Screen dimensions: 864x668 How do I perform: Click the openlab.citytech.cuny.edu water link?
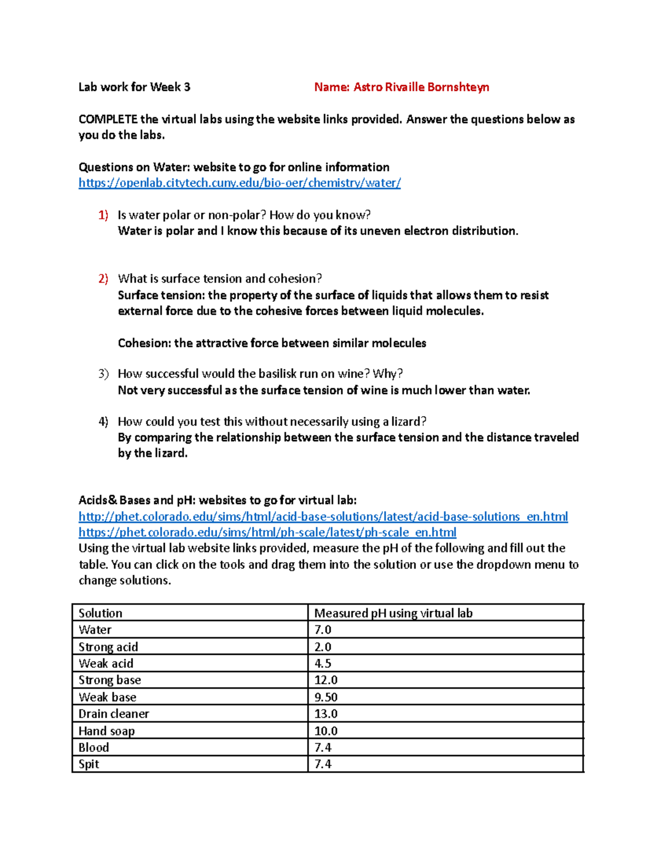(239, 183)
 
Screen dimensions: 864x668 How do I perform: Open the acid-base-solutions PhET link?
(323, 517)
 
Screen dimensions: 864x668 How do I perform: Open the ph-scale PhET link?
(267, 532)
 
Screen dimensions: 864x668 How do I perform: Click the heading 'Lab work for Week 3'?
(134, 87)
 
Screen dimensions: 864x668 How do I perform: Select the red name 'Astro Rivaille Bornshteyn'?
(421, 87)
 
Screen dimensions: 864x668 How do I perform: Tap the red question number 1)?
(103, 215)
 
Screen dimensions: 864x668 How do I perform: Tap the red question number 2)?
(103, 279)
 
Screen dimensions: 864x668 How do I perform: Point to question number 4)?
(103, 422)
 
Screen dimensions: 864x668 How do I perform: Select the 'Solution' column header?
(100, 613)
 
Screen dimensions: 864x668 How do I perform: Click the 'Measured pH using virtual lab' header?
(393, 613)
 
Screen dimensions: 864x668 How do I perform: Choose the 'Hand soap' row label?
(106, 731)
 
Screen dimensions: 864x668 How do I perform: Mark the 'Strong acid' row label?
(108, 647)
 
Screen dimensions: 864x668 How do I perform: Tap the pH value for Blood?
(323, 748)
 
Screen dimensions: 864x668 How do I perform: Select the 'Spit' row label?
(89, 764)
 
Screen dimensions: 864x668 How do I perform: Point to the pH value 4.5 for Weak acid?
(323, 664)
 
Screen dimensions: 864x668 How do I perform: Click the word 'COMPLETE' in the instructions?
(108, 120)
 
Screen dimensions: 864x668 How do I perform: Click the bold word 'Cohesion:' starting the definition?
(144, 343)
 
